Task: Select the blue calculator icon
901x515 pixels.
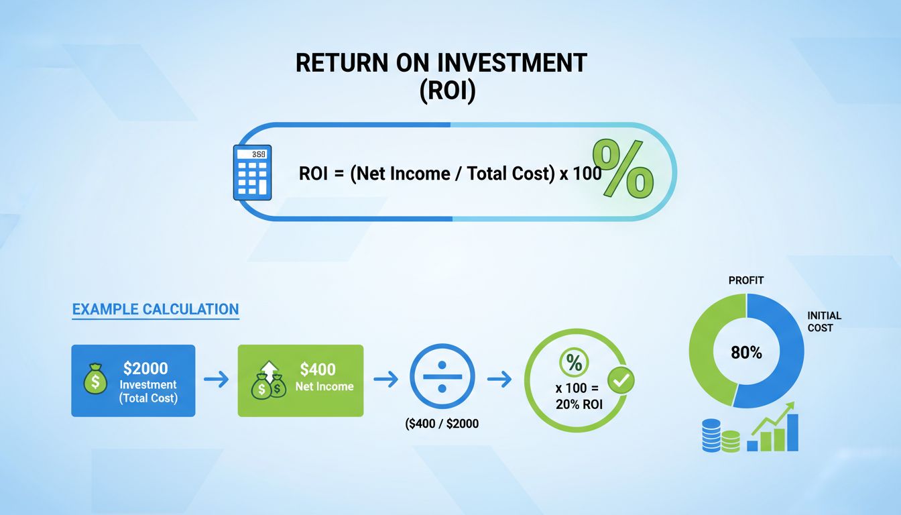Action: [x=251, y=172]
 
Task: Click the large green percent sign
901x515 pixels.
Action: [x=623, y=169]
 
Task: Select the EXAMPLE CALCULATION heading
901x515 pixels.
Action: [x=155, y=310]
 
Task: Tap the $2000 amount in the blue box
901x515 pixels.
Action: [x=145, y=368]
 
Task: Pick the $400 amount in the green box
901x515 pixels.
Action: [x=318, y=369]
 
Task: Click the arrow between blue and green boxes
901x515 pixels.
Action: [x=216, y=380]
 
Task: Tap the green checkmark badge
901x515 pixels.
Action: [x=621, y=380]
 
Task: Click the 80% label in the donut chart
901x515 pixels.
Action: [x=746, y=352]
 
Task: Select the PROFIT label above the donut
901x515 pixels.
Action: [x=745, y=280]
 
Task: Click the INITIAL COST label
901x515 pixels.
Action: [x=824, y=321]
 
